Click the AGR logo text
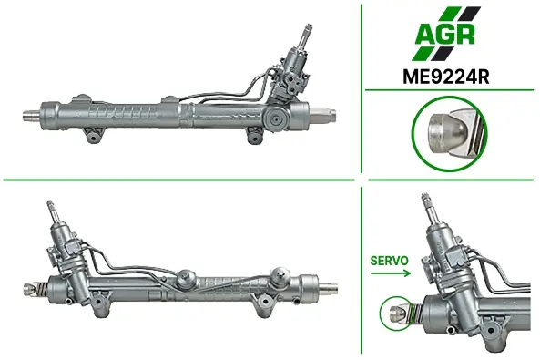445,34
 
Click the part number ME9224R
445,77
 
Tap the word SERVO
389,261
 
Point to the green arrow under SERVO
391,273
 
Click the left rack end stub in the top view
31,115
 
